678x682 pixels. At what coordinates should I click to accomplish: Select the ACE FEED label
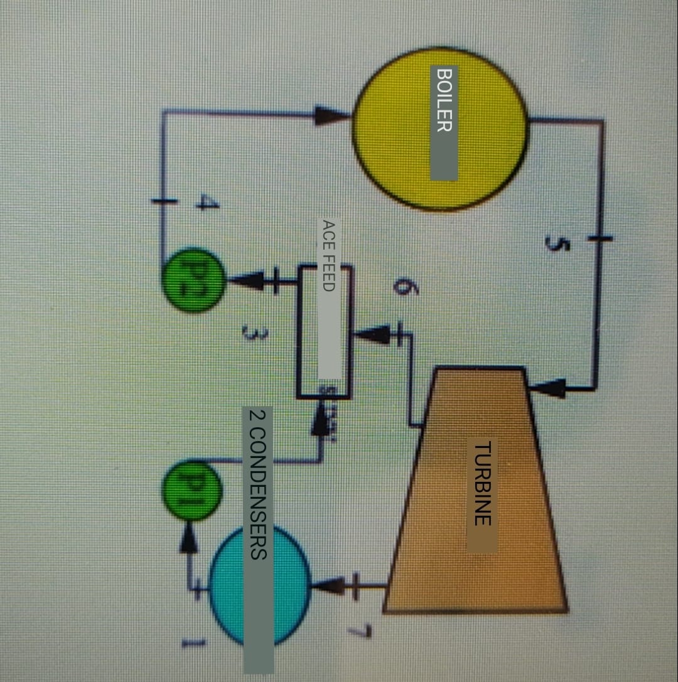[x=329, y=254]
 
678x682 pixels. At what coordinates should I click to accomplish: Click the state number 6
[x=400, y=287]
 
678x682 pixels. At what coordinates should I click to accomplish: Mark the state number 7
[x=364, y=631]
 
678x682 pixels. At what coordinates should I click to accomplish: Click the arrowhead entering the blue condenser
[x=328, y=586]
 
